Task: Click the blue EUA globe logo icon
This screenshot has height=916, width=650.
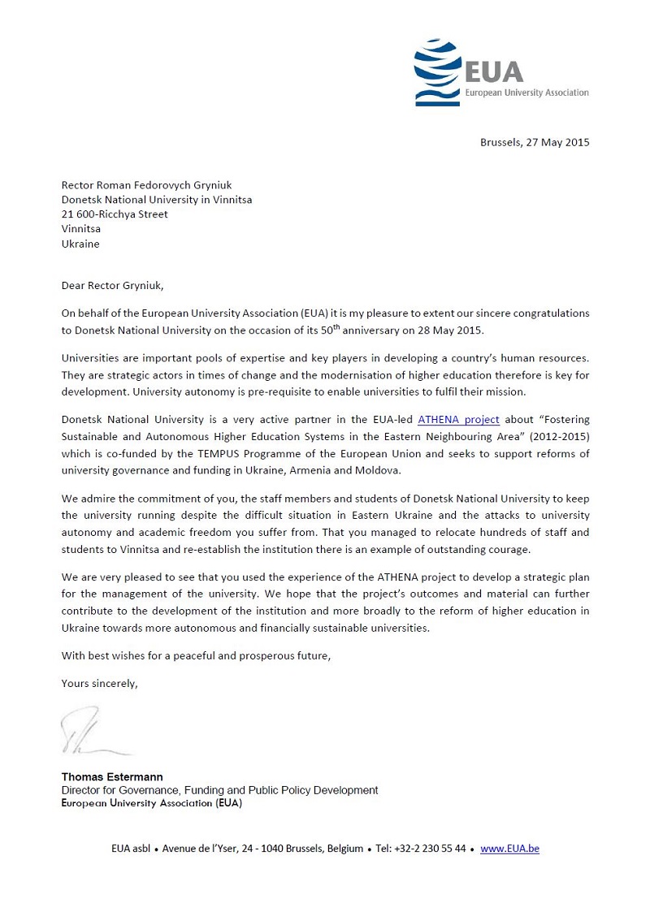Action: click(x=438, y=72)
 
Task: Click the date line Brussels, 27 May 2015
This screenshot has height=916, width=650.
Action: click(x=535, y=142)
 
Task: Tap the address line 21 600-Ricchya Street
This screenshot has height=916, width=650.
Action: click(x=115, y=214)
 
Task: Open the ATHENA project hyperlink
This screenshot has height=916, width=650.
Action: click(x=458, y=420)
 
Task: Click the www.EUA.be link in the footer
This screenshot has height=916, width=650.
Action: click(x=509, y=849)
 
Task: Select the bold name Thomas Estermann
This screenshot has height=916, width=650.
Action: click(x=112, y=777)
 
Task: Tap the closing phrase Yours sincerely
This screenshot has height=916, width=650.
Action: click(x=99, y=684)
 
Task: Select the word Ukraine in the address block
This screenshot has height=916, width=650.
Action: click(x=80, y=244)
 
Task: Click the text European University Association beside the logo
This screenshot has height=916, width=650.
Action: click(x=526, y=93)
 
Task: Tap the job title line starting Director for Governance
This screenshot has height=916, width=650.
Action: click(x=219, y=790)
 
